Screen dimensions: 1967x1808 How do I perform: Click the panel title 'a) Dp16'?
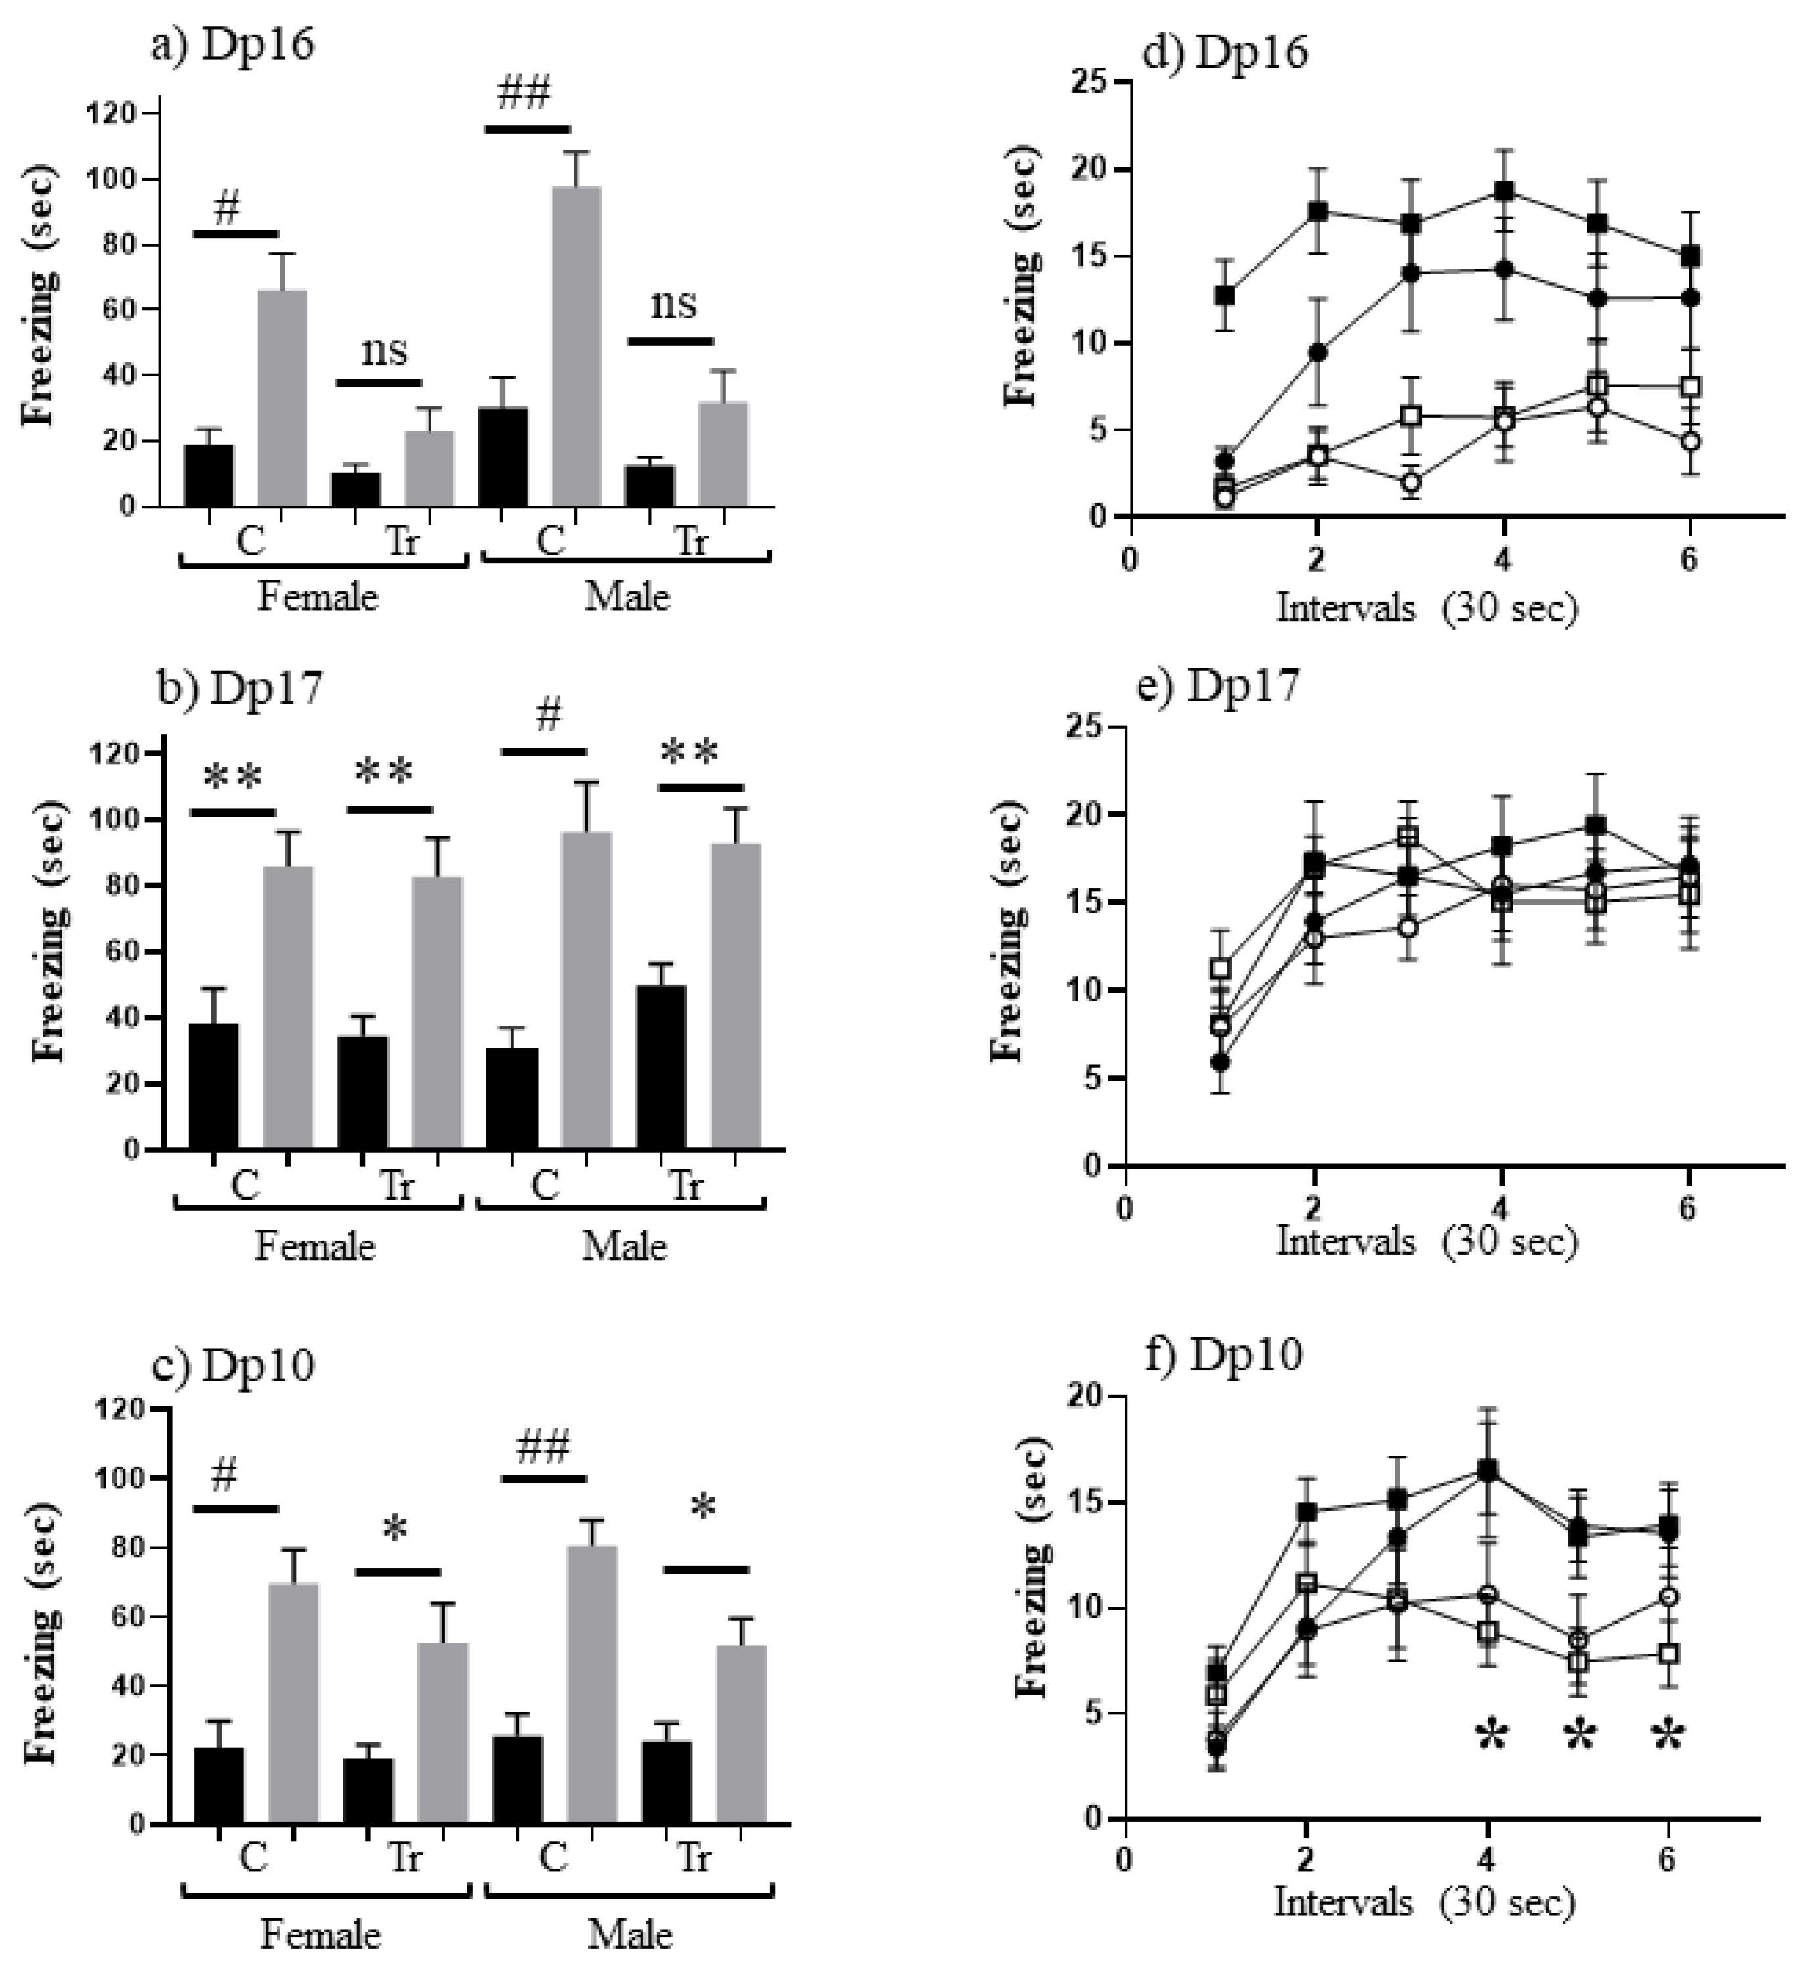tap(233, 46)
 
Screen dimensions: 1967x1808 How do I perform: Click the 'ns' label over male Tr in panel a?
tap(673, 305)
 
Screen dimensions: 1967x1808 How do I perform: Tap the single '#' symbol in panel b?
tap(549, 716)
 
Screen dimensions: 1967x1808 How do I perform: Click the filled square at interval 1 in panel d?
tap(1224, 295)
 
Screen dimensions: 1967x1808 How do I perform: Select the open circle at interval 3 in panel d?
tap(1410, 481)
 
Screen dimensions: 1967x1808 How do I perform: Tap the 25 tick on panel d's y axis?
tap(1106, 82)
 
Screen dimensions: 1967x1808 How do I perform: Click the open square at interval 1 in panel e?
tap(1220, 969)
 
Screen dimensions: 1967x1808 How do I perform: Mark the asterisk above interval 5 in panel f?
tap(1579, 1736)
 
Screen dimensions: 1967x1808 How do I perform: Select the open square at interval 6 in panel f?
tap(1669, 1654)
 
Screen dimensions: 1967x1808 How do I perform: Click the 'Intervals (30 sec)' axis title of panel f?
tap(1425, 1901)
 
